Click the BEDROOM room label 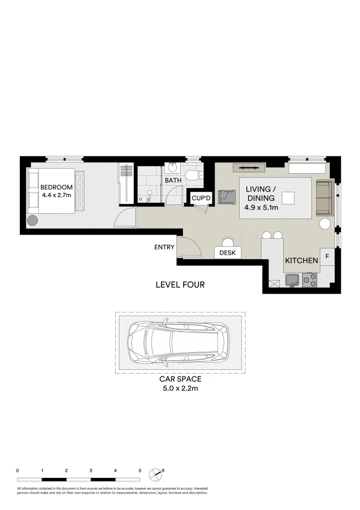(56, 187)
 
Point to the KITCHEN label (301, 261)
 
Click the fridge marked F (327, 256)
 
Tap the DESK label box (228, 253)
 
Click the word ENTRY (165, 247)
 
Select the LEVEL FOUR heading (180, 285)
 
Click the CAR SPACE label (179, 379)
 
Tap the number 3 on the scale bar (91, 470)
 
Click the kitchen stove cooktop (310, 280)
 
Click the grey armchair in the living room (227, 196)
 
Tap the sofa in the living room (325, 197)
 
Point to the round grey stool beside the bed (33, 221)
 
